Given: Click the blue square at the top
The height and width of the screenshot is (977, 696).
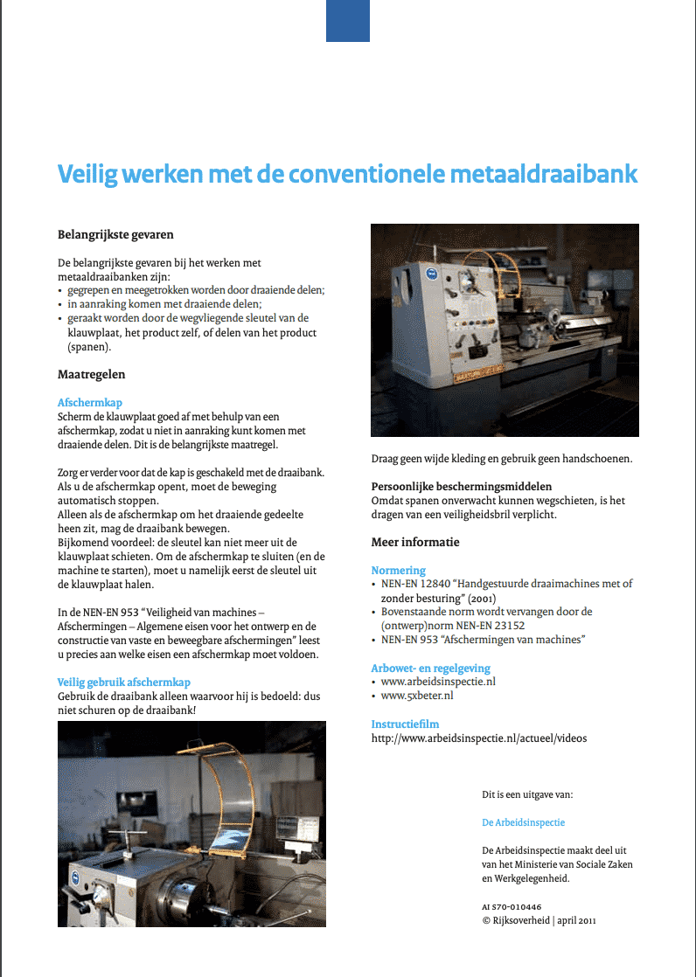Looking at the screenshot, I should (348, 20).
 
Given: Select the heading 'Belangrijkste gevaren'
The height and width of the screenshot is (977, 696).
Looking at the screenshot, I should (115, 234).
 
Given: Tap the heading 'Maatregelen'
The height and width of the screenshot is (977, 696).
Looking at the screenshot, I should (91, 374).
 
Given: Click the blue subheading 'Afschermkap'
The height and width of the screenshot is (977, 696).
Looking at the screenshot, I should (90, 403).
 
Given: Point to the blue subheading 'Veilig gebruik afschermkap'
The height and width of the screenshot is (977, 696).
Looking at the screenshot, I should (123, 682).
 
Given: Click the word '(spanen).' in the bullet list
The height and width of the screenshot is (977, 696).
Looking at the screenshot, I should (90, 346).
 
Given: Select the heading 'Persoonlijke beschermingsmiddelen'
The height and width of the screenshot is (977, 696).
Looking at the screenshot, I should (462, 486).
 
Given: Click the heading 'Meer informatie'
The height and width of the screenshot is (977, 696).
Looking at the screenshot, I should (415, 542).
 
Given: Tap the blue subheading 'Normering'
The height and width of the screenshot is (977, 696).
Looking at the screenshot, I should (398, 570).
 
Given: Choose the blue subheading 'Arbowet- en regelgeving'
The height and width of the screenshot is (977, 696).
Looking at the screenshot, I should (429, 668).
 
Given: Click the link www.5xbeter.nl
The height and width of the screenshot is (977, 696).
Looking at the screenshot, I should (417, 696).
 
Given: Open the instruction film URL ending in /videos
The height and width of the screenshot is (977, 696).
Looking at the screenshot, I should (478, 738).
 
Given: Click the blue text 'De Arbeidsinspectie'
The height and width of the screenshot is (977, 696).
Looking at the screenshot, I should (524, 822).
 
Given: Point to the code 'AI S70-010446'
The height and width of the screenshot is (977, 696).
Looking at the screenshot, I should (512, 907).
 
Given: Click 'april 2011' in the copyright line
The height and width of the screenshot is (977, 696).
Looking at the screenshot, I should (578, 920).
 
